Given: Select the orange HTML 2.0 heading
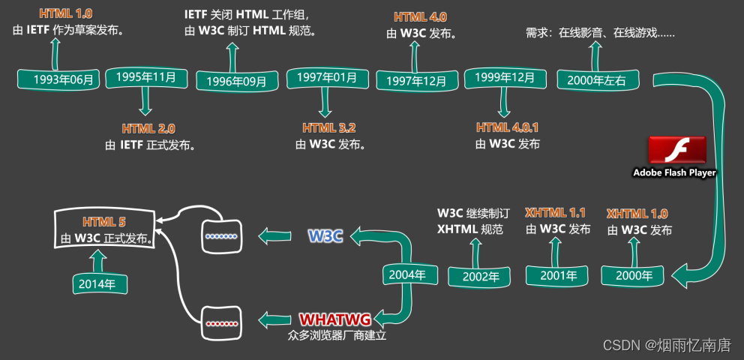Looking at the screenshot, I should (x=148, y=128).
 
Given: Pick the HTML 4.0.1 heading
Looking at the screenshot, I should (x=508, y=128).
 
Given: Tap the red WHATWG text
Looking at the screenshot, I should (x=335, y=320).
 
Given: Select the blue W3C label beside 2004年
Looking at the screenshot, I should (x=325, y=236).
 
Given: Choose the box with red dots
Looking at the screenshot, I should (x=221, y=323).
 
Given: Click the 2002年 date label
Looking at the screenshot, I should (x=480, y=276).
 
